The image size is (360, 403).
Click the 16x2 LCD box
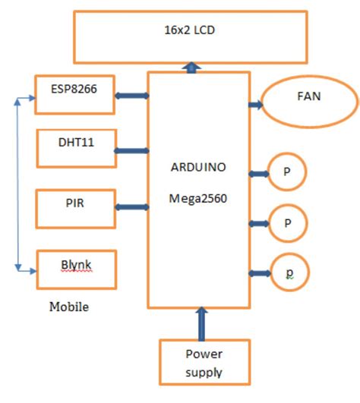tap(189, 36)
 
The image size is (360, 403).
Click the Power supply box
tap(204, 362)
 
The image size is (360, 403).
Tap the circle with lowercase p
tap(287, 272)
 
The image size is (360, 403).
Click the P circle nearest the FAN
tap(287, 172)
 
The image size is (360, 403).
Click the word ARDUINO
tap(198, 166)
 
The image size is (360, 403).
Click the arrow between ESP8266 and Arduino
tap(131, 96)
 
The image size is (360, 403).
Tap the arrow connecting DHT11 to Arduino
tap(131, 150)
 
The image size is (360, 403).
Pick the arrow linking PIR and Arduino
tap(131, 206)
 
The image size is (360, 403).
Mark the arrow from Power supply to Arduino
tap(202, 323)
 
